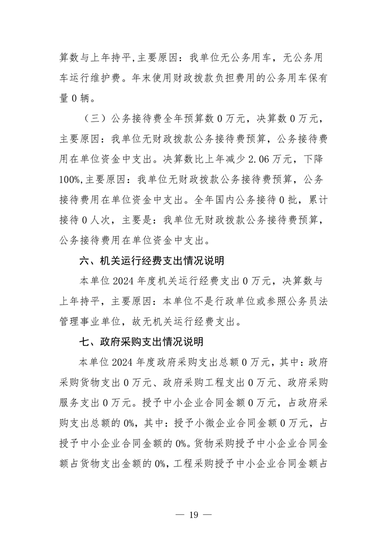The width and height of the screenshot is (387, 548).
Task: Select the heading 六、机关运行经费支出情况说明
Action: [151, 261]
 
